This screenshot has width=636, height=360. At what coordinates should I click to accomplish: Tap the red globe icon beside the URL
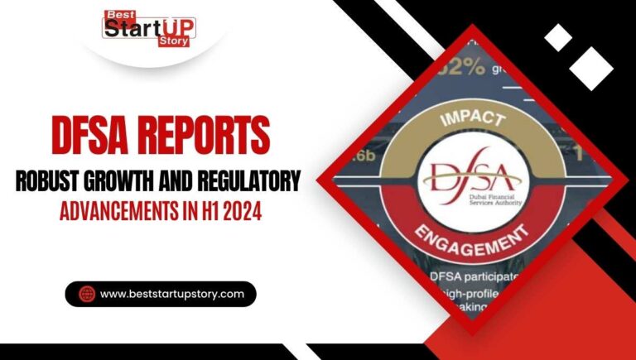[85, 294]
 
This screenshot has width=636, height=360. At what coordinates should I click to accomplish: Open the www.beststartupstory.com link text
[171, 294]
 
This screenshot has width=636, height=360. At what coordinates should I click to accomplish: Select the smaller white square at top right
[558, 36]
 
